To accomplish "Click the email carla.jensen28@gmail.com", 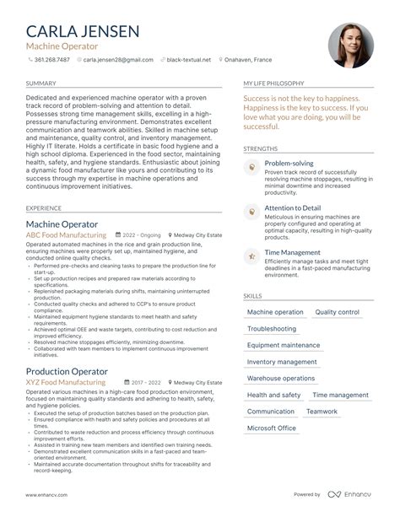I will [x=118, y=60].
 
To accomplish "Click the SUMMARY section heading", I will [x=41, y=84].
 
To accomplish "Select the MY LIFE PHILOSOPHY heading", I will [x=274, y=84].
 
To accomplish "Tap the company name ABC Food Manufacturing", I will [x=66, y=237].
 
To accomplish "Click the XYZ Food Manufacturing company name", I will [x=66, y=382].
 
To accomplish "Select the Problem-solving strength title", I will [x=289, y=163].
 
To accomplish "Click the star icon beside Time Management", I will [x=251, y=256].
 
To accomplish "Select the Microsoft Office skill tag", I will [x=273, y=428].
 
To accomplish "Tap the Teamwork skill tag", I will [x=322, y=412].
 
